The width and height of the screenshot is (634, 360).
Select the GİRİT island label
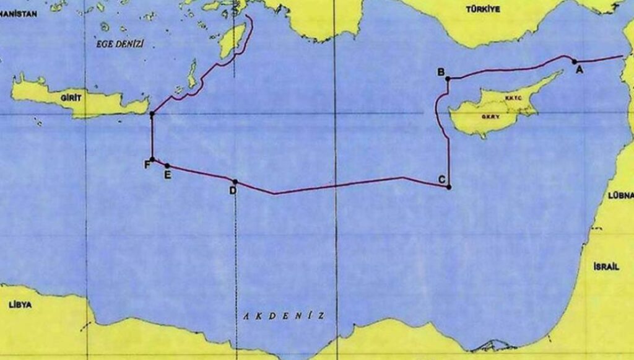tap(72, 98)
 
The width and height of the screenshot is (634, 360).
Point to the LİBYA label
tap(20, 305)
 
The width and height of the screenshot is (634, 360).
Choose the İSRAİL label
tap(606, 266)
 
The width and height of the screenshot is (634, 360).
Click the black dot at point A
tap(575, 61)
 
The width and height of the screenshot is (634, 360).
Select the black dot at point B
tap(448, 79)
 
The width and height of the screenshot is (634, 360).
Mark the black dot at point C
tap(449, 187)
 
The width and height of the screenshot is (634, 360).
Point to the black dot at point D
tap(235, 182)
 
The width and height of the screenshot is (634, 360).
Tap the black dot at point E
tap(167, 165)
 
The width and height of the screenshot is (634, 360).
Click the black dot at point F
tap(152, 159)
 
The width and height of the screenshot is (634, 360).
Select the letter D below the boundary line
tap(233, 191)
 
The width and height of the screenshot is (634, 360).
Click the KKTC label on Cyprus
tap(514, 98)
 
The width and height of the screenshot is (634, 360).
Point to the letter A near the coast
tap(580, 70)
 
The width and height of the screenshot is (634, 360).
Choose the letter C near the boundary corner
tap(441, 180)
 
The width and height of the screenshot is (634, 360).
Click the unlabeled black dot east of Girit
tap(152, 114)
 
